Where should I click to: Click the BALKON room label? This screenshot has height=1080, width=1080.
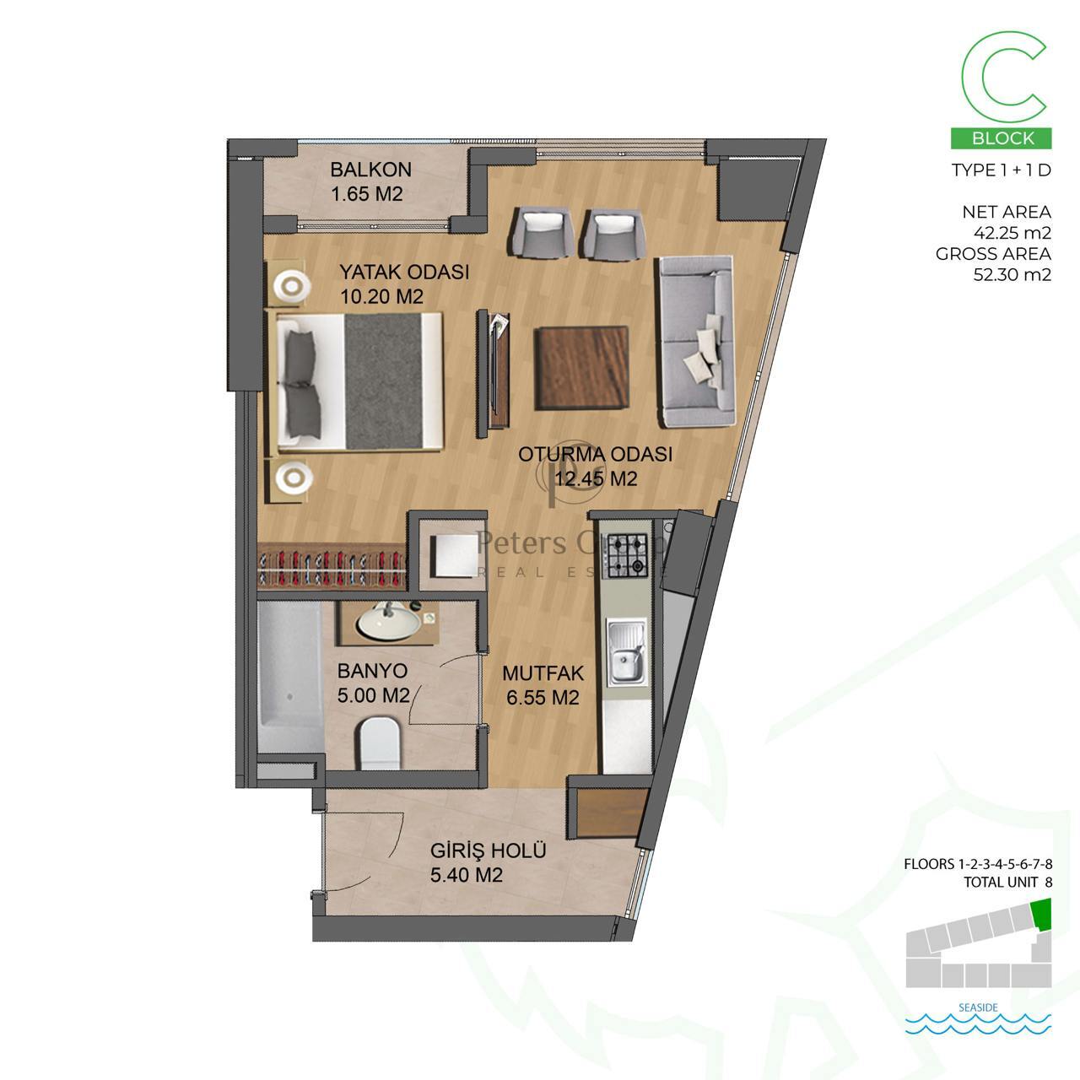point(370,170)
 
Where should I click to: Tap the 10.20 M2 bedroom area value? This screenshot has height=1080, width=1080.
point(381,296)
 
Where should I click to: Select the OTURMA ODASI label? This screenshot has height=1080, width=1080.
point(595,454)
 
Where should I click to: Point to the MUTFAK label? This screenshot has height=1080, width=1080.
point(543,673)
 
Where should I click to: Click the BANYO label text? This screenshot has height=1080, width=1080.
point(372,670)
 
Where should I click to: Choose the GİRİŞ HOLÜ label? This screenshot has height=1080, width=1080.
point(489,850)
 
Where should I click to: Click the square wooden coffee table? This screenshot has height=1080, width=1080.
point(581,368)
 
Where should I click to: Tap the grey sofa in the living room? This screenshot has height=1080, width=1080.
point(695,342)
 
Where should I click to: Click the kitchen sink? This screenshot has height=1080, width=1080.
point(627,652)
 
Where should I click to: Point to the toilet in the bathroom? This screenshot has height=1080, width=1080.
point(380,743)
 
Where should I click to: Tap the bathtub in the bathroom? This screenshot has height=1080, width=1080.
point(290,677)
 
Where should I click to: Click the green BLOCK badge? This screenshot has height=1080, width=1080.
point(1001,138)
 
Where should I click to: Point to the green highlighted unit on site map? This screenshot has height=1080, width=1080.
point(1042,914)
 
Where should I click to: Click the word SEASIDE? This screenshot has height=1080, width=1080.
point(978,1007)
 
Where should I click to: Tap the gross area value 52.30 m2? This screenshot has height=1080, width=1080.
point(1012,274)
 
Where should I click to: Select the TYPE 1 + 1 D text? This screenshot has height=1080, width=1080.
point(1001,170)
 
